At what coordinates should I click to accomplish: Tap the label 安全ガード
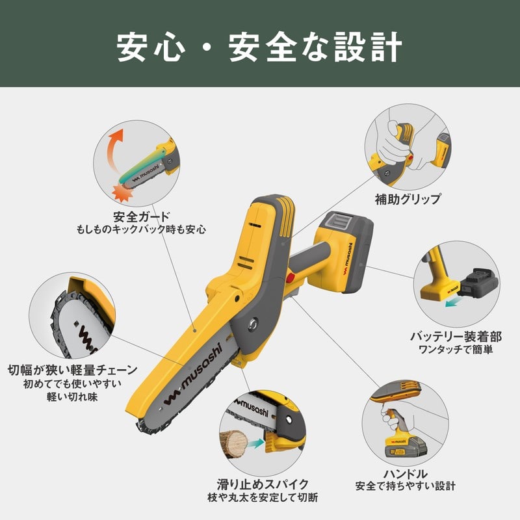[x=142, y=216]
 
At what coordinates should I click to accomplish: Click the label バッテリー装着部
[x=456, y=336]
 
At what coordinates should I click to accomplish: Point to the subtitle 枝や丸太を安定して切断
[x=263, y=497]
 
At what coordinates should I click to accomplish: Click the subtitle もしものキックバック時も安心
[x=142, y=229]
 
